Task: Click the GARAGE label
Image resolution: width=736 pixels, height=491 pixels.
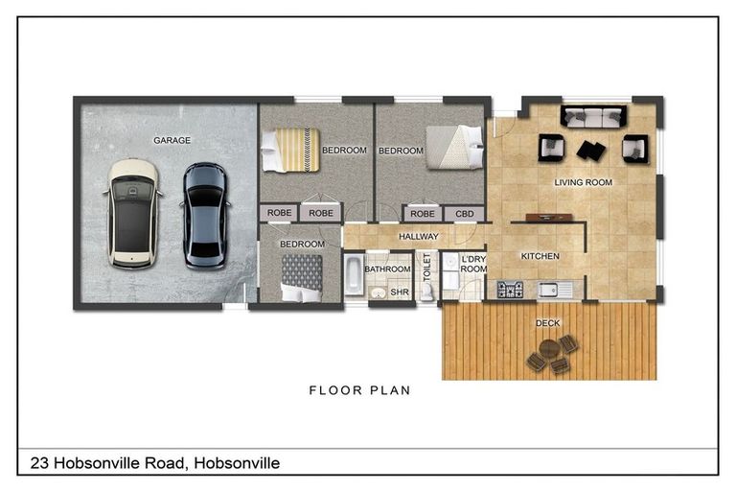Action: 172,140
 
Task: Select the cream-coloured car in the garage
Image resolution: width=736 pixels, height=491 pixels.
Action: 132,213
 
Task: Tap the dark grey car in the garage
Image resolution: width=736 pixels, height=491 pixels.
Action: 204,215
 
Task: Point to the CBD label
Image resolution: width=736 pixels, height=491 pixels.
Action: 464,214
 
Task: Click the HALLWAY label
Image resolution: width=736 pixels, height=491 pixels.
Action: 418,236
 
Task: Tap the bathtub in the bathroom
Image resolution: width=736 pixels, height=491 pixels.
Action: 353,277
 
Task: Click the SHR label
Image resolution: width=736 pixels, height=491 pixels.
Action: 399,292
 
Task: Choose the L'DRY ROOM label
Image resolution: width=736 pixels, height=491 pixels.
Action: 473,265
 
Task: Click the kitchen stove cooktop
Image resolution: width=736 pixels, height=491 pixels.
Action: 510,289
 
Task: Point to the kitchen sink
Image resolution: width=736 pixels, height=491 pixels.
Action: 551,289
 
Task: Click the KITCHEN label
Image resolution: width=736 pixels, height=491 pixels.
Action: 539,256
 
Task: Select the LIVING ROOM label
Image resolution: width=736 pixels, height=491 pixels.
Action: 583,182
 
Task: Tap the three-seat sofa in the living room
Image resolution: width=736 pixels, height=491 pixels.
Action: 593,117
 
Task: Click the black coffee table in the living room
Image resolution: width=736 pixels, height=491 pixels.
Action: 590,151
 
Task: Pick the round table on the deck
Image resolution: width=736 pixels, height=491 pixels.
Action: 551,351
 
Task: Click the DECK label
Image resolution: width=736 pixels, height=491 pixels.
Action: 548,323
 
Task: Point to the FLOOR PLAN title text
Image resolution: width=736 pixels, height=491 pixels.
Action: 359,390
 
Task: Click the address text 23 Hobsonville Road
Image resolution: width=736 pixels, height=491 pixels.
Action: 153,463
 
